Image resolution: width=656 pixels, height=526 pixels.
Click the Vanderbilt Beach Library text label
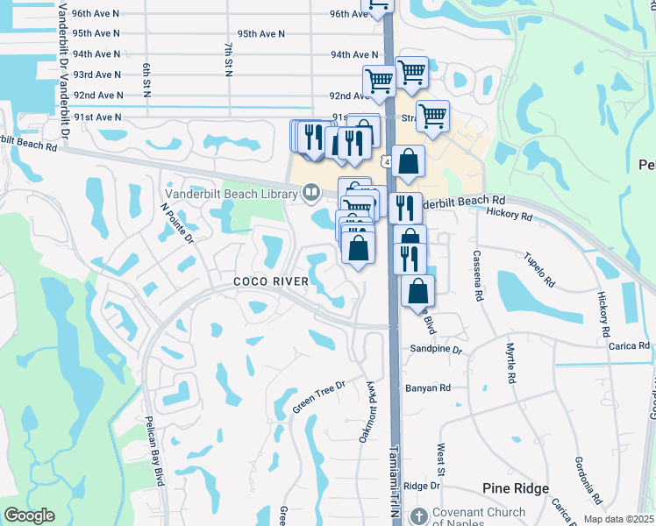(229, 194)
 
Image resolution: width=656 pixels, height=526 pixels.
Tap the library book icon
(311, 192)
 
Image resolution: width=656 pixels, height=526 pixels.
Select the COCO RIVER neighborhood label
(270, 281)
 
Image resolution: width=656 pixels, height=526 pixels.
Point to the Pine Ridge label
(516, 488)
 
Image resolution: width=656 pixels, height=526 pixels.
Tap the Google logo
(29, 515)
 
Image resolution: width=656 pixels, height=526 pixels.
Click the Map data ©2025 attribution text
(617, 519)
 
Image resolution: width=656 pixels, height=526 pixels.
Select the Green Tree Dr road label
(319, 396)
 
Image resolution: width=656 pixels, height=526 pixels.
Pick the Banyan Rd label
(427, 387)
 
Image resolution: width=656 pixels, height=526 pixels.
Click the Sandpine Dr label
(436, 349)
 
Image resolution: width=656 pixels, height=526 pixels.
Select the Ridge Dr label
(421, 486)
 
